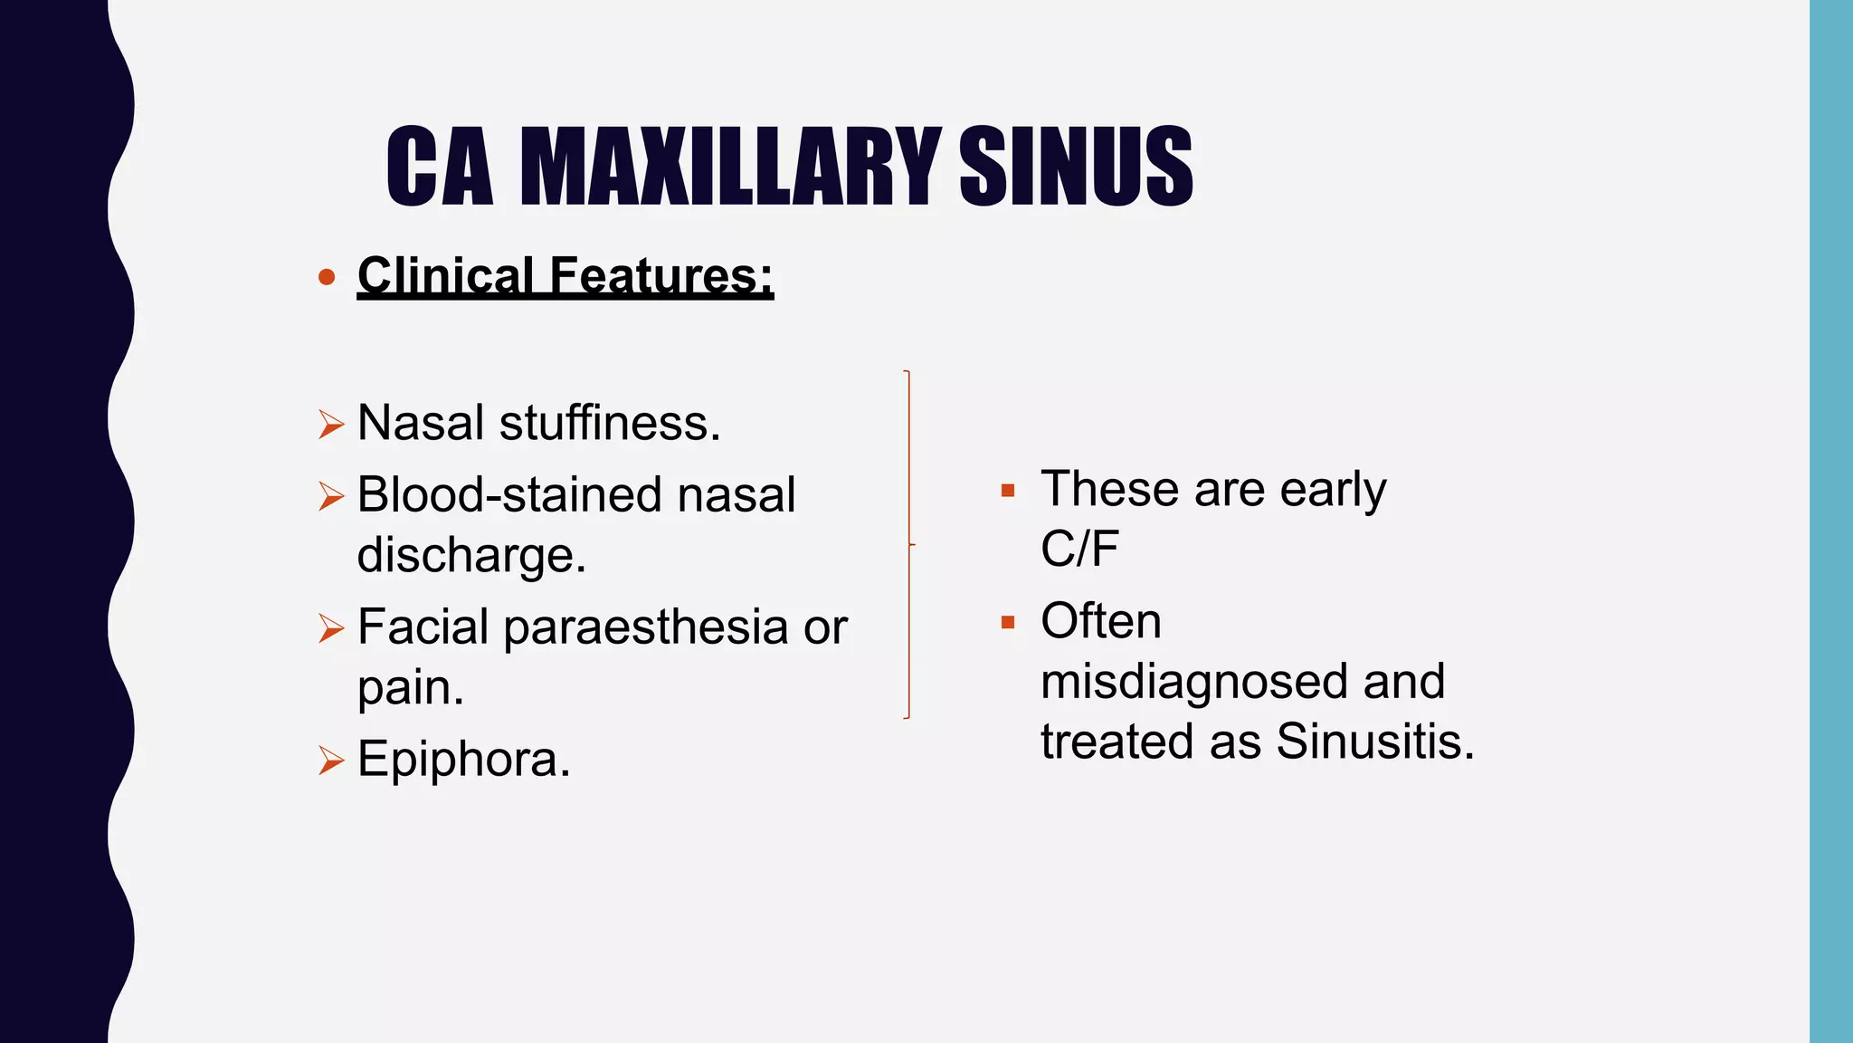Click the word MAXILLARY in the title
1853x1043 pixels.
click(729, 167)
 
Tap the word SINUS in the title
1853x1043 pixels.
click(1076, 167)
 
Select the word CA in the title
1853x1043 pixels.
click(440, 167)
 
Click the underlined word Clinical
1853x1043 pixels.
click(445, 275)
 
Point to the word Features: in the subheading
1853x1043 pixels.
click(661, 275)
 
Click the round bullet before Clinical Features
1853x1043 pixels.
click(328, 277)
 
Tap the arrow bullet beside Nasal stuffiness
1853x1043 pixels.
click(331, 424)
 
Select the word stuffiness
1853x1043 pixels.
click(610, 423)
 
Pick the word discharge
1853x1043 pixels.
click(471, 555)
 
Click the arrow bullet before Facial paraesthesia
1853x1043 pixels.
click(331, 627)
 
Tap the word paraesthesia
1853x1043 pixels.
click(645, 627)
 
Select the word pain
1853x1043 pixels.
click(410, 688)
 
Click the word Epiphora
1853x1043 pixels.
click(463, 759)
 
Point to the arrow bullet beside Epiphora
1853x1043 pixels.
click(331, 761)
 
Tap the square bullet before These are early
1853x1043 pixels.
click(1008, 492)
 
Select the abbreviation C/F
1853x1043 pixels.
click(1079, 549)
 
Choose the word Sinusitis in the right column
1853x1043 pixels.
click(1375, 742)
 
